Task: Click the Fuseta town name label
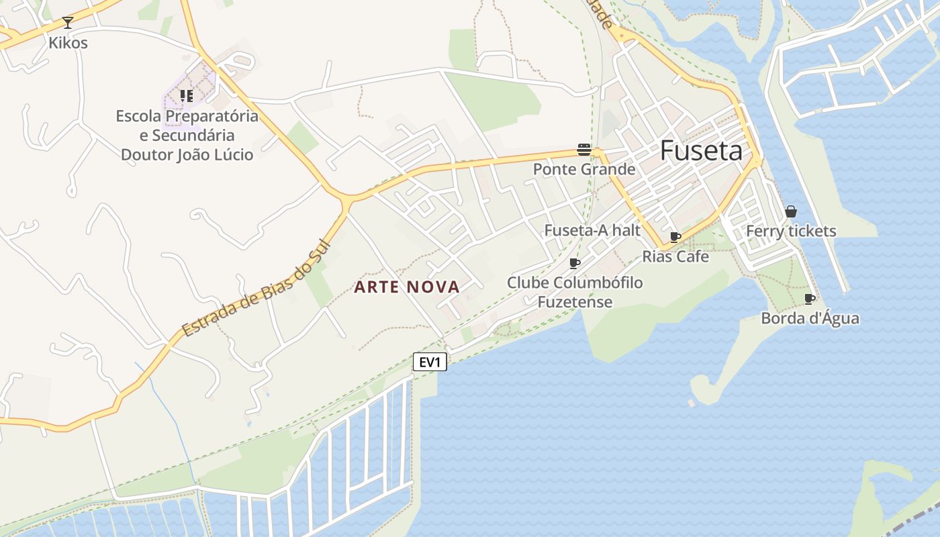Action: (x=702, y=151)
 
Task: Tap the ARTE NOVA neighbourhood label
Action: (x=407, y=287)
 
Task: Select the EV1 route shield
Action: (x=430, y=362)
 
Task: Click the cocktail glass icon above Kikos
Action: (x=67, y=23)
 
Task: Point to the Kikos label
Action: (x=68, y=43)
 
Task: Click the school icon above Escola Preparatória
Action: (x=187, y=96)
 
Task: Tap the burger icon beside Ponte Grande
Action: (x=584, y=150)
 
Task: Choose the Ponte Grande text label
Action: (x=584, y=169)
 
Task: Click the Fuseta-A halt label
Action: (x=592, y=230)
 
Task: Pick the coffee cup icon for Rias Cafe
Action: (x=675, y=238)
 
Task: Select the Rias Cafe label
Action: (x=675, y=256)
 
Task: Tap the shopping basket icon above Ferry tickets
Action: (x=791, y=211)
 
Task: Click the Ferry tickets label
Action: (x=791, y=232)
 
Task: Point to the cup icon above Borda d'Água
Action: (x=810, y=299)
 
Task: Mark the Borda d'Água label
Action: (x=810, y=318)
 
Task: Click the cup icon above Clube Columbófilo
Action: (x=575, y=263)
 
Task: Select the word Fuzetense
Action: (x=575, y=302)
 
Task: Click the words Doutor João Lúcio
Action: (x=187, y=155)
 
